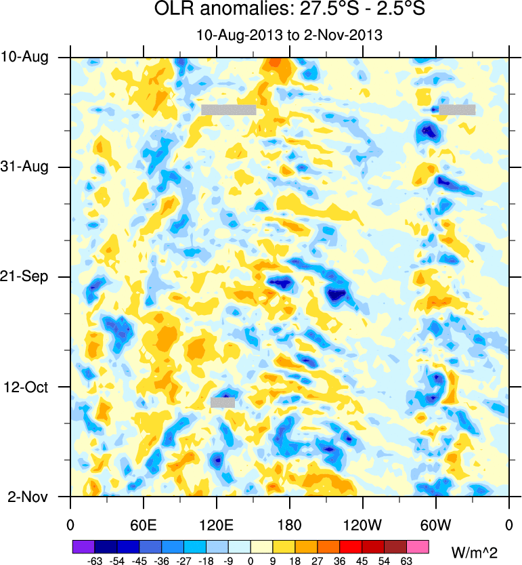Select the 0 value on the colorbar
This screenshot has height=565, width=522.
[251, 561]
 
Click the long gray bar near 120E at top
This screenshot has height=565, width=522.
[229, 110]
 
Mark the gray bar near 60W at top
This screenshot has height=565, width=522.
[457, 110]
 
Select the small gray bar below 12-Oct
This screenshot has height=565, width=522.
[223, 402]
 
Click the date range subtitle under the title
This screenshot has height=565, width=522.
[289, 35]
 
